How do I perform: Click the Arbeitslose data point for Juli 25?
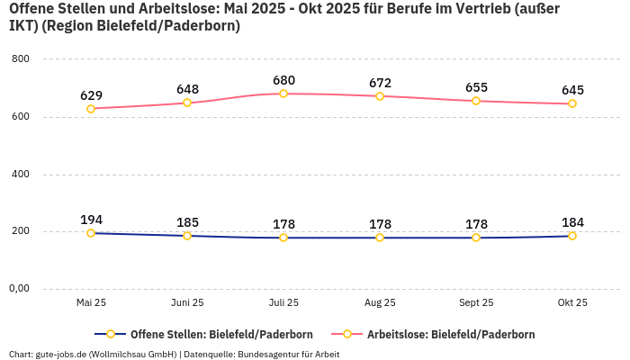(x=283, y=94)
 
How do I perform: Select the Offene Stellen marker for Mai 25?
(x=91, y=233)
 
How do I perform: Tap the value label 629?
(x=91, y=95)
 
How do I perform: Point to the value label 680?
(x=283, y=80)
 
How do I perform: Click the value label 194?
(x=91, y=220)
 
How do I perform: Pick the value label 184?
(x=572, y=222)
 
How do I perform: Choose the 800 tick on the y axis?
(x=20, y=59)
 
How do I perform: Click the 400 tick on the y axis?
(x=20, y=174)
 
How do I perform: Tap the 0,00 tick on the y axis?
(x=19, y=289)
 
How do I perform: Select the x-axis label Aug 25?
(x=380, y=303)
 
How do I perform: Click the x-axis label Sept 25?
(x=476, y=303)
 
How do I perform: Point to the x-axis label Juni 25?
(x=187, y=303)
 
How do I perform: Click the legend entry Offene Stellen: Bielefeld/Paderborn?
(x=213, y=335)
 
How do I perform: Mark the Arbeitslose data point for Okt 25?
(x=572, y=103)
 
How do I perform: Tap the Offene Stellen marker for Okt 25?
(x=572, y=236)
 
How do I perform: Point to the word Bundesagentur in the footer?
(x=270, y=354)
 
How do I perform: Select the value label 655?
(x=476, y=87)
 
